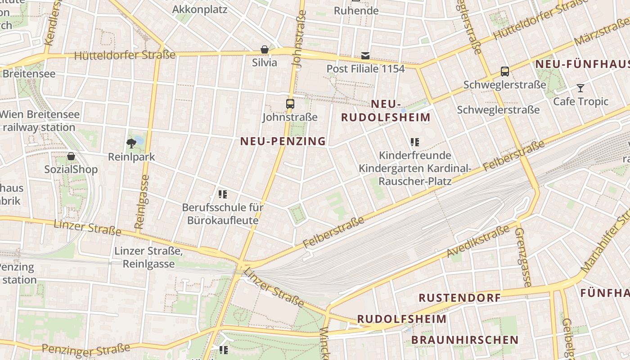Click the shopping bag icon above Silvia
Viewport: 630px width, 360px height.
click(x=265, y=49)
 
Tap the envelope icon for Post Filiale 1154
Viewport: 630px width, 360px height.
click(x=365, y=56)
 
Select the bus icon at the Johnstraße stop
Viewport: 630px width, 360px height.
click(x=290, y=104)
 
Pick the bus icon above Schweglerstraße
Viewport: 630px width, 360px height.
click(x=505, y=71)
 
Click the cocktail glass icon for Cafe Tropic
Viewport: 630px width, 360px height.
click(x=580, y=88)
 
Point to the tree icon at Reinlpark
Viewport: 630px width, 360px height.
click(x=131, y=144)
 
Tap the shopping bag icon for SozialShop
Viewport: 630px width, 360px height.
click(x=71, y=156)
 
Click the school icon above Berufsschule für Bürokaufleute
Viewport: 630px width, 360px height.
click(x=222, y=194)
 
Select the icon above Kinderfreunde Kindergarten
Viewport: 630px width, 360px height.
click(x=415, y=142)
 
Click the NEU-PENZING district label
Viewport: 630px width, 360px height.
click(x=283, y=141)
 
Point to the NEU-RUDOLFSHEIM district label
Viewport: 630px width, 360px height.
click(x=386, y=111)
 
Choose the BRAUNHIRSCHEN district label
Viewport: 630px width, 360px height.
click(x=465, y=340)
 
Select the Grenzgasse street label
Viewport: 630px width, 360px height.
click(x=523, y=257)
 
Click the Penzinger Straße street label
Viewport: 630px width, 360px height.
click(x=86, y=349)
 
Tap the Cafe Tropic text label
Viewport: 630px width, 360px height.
click(x=580, y=101)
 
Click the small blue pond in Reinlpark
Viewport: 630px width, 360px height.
click(x=139, y=140)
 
